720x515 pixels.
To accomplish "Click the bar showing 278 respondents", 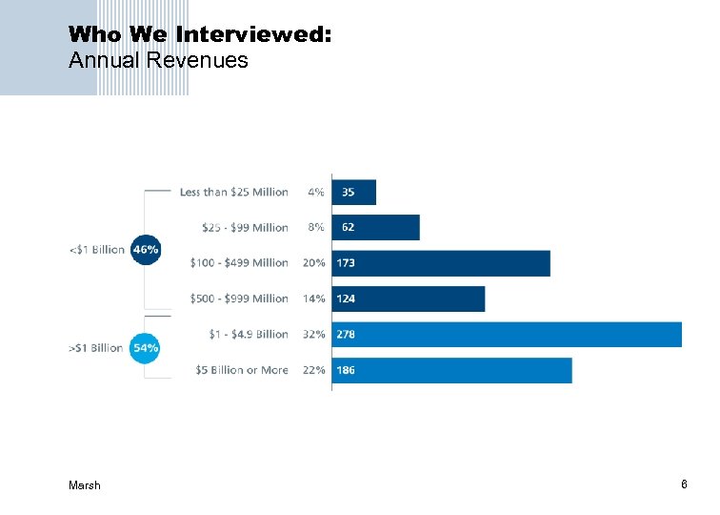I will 507,334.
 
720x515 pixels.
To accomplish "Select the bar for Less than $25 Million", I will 354,192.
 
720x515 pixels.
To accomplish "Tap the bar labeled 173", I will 441,263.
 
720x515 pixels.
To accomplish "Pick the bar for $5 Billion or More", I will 452,370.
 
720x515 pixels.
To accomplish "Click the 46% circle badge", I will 145,249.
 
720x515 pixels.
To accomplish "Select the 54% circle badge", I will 145,348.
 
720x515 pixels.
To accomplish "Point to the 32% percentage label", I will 315,335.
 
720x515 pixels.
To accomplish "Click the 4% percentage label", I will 316,192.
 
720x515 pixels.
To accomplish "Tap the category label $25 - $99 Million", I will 245,228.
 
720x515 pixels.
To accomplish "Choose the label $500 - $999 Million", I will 239,299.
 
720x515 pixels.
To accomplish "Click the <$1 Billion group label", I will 96,250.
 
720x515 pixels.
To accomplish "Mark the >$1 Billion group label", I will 96,348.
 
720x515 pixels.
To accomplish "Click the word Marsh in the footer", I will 85,485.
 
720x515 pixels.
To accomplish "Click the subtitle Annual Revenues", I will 158,61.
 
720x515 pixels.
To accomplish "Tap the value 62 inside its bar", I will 348,228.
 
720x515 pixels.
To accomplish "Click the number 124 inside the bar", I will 347,299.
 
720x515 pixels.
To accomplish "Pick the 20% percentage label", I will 314,263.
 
